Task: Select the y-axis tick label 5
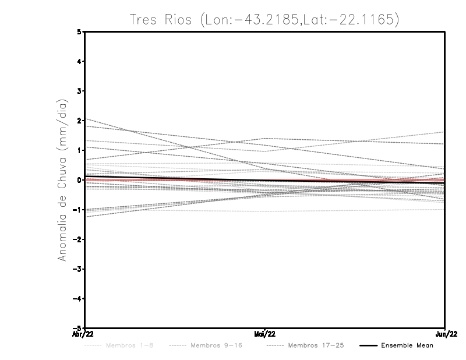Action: click(79, 32)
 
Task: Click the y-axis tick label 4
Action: click(79, 61)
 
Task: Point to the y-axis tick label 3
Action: click(79, 91)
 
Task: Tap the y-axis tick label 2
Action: click(79, 121)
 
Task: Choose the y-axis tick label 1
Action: click(79, 150)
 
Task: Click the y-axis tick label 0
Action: click(79, 180)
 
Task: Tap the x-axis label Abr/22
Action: click(84, 334)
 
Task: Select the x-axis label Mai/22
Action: click(265, 334)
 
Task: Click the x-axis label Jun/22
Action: click(445, 334)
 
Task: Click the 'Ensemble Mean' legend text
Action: click(407, 345)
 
